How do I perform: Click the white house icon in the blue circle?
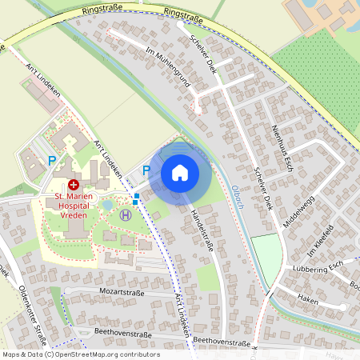(180, 172)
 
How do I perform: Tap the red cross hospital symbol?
(72, 184)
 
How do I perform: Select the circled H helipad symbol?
(126, 214)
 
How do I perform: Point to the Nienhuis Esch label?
(279, 146)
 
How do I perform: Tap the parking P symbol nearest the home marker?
(146, 170)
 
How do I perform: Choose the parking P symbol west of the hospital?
(52, 161)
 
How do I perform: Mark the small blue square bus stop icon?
(137, 196)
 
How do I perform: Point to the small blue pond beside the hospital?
(109, 206)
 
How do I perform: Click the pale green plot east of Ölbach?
(266, 254)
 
